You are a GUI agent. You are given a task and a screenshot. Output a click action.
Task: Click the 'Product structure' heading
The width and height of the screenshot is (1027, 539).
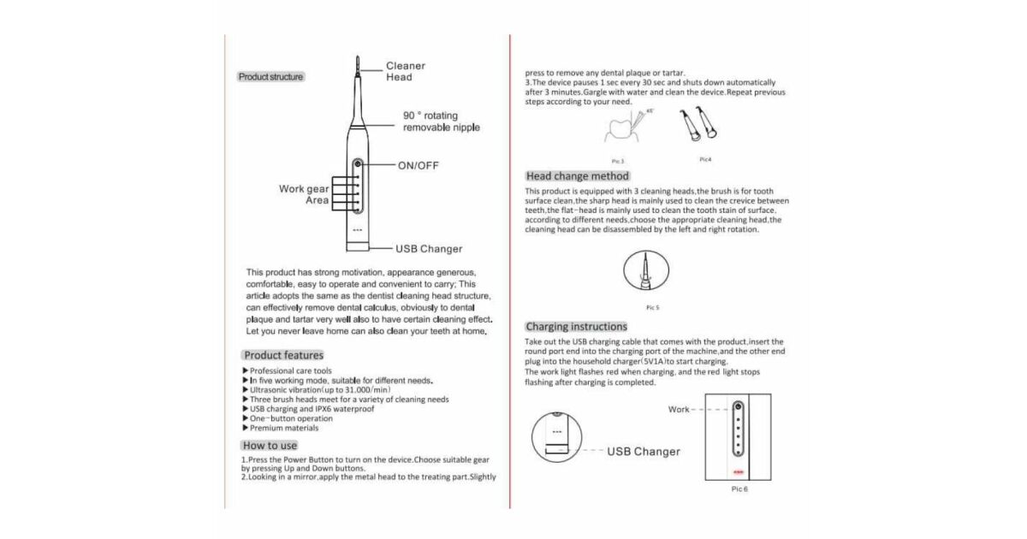coord(270,77)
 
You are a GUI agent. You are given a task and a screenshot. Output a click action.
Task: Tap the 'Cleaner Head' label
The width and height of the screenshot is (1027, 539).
coord(405,71)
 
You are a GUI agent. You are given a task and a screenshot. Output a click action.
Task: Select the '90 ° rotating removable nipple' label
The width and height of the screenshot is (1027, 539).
coord(441,121)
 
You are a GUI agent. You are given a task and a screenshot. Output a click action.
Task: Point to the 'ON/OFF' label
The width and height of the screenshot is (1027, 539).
coord(418,165)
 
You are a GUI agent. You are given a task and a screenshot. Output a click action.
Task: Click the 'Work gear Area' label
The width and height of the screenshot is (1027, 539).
coord(304,194)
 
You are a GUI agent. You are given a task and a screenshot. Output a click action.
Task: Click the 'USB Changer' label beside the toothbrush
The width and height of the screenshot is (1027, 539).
coord(428,249)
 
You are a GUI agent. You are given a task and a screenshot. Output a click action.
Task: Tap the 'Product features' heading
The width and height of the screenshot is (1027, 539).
coord(283,355)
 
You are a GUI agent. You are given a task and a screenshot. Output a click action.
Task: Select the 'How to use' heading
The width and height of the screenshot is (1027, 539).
coord(270,445)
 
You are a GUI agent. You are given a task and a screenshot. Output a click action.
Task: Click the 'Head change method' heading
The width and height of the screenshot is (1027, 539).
coord(577,176)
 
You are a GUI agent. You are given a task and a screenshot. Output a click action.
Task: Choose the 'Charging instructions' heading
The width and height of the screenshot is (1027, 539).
coord(576,327)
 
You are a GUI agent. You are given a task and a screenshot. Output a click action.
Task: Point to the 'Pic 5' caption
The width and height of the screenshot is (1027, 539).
coord(652,306)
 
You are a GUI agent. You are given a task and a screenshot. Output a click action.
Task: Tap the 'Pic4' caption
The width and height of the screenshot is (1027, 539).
coord(705,158)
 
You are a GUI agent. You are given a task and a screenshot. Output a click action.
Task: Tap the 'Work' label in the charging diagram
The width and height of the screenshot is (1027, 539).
coord(679,410)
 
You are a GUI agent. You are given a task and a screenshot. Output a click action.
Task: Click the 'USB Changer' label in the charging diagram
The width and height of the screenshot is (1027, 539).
coord(644,452)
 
